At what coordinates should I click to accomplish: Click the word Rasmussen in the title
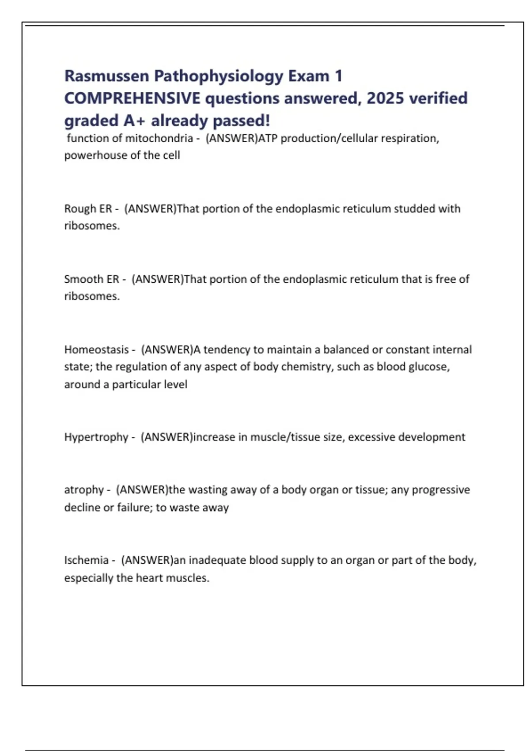tap(106, 76)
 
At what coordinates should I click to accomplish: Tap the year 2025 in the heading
tap(385, 98)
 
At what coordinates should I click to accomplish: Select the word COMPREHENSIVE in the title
tap(132, 98)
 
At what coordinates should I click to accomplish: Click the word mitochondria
tap(159, 138)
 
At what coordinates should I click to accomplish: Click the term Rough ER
tap(88, 209)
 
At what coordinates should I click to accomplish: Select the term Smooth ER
tap(91, 279)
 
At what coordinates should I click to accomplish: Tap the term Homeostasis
tap(96, 350)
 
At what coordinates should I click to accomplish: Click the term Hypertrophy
tap(96, 437)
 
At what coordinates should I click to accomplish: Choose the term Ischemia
tap(86, 560)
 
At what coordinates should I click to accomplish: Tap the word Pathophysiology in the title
tap(218, 76)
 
